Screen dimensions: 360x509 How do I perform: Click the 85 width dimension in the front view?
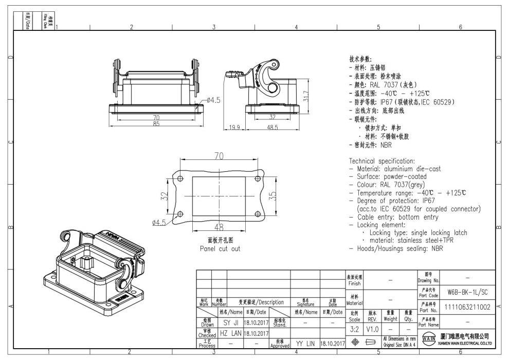coord(155,124)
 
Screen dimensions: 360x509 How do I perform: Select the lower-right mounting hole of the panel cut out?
coord(257,214)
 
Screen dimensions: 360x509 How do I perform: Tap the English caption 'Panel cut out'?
coord(220,249)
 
